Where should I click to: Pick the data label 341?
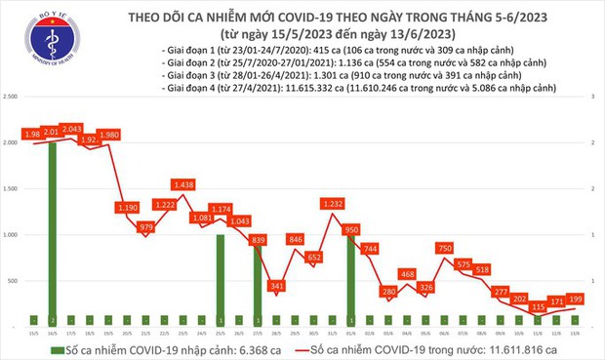(x=277, y=286)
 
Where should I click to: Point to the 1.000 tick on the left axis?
(x=12, y=235)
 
